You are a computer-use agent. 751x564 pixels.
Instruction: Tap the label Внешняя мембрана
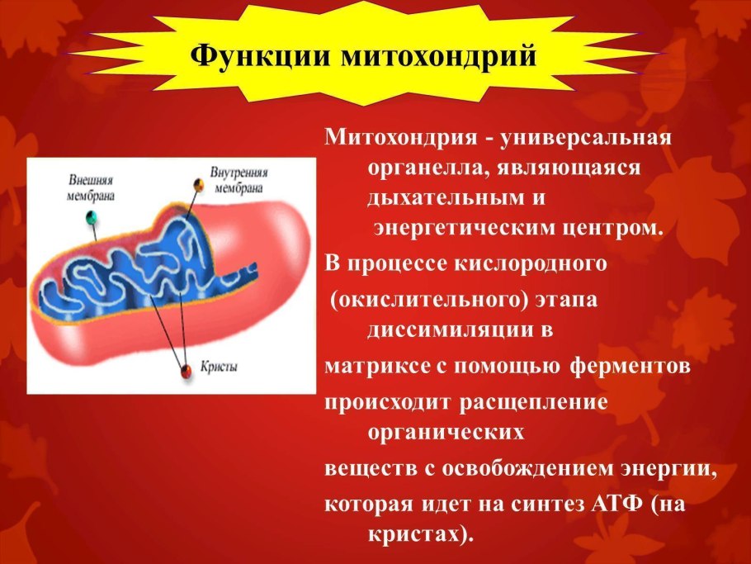(90, 187)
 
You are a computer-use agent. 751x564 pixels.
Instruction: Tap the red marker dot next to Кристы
(186, 368)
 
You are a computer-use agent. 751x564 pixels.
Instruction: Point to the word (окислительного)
(430, 298)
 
